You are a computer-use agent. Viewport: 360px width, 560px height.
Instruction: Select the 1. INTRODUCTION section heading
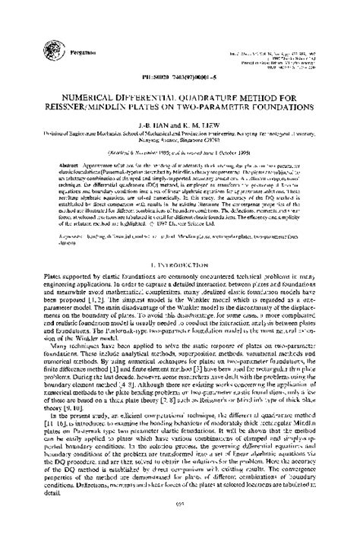pos(179,243)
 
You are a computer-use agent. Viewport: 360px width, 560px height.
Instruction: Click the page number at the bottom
pos(179,546)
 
